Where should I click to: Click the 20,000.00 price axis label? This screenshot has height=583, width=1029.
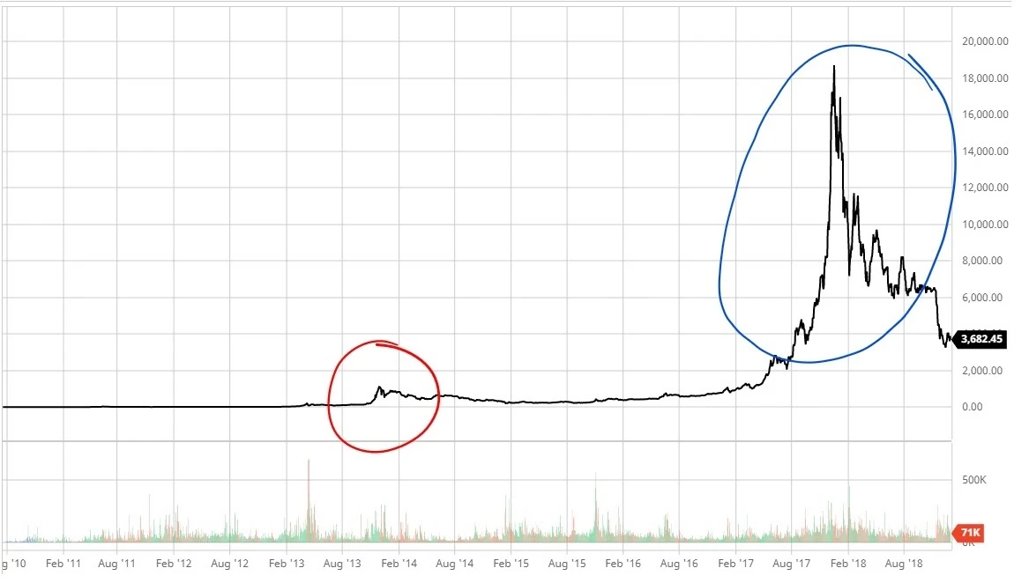click(985, 41)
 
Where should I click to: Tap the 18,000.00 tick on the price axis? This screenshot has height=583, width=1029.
click(985, 78)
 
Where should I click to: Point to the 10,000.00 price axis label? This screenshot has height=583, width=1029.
click(985, 224)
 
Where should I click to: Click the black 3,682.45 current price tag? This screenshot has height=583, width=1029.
click(981, 338)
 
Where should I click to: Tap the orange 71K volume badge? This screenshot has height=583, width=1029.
click(970, 533)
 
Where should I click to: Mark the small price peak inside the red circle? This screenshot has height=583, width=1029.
click(379, 387)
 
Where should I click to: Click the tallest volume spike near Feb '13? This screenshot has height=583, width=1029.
click(309, 461)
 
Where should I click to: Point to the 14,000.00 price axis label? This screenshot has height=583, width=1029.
click(985, 151)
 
